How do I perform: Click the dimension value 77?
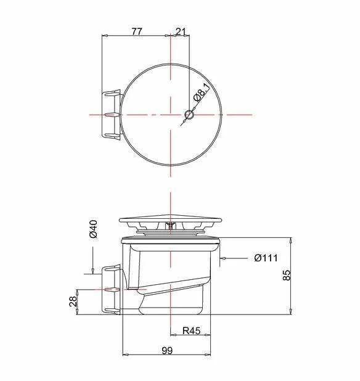(136, 32)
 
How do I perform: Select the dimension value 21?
(181, 32)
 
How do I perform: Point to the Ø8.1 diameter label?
(200, 94)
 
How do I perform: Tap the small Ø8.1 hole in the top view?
(189, 115)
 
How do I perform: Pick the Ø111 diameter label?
(266, 258)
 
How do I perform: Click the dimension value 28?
(73, 301)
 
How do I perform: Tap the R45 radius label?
(192, 331)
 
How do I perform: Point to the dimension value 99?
(167, 350)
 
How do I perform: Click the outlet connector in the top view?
(110, 115)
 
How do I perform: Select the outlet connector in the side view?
(110, 289)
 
